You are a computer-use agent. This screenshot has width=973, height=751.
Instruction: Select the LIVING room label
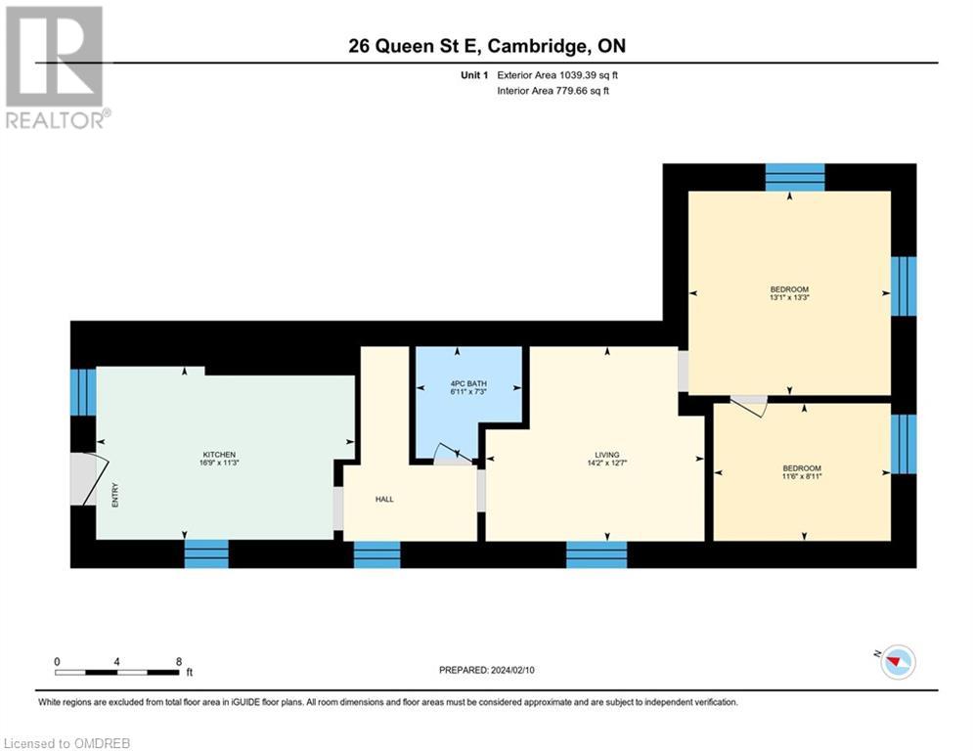click(607, 455)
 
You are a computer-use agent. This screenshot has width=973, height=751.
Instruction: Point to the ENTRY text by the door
click(114, 497)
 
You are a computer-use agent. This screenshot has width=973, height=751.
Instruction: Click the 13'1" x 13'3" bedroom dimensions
click(789, 299)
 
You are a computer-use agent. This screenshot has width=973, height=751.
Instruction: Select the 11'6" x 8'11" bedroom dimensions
click(801, 478)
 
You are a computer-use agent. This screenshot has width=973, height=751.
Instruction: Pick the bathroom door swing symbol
click(451, 453)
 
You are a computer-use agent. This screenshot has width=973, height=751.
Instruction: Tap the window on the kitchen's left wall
click(83, 391)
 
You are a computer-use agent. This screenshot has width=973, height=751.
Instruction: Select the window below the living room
click(597, 554)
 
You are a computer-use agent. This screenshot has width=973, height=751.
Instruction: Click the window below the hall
click(376, 554)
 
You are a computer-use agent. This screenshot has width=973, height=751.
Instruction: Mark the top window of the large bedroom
click(795, 177)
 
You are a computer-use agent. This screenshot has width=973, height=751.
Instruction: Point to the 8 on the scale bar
click(178, 661)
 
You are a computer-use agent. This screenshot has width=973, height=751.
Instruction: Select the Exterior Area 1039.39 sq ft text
click(557, 75)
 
